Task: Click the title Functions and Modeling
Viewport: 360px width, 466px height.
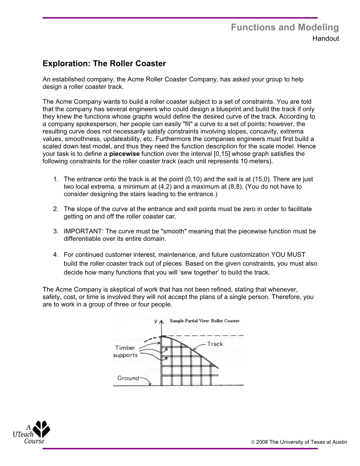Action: pyautogui.click(x=284, y=28)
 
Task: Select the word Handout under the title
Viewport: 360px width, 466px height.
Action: pyautogui.click(x=325, y=39)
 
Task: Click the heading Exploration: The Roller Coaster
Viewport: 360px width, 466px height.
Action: pyautogui.click(x=104, y=64)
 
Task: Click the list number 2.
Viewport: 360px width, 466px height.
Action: pyautogui.click(x=55, y=209)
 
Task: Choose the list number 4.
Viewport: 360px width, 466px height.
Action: pyautogui.click(x=55, y=255)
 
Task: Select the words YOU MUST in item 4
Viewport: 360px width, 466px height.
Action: pyautogui.click(x=288, y=255)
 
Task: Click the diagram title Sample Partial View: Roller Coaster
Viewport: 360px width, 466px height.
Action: pyautogui.click(x=204, y=321)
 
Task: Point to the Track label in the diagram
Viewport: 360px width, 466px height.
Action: pyautogui.click(x=215, y=344)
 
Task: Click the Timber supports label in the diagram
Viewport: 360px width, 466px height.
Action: pyautogui.click(x=125, y=352)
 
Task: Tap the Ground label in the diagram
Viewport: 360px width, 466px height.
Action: pyautogui.click(x=128, y=378)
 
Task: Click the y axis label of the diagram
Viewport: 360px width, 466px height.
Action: pyautogui.click(x=156, y=322)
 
